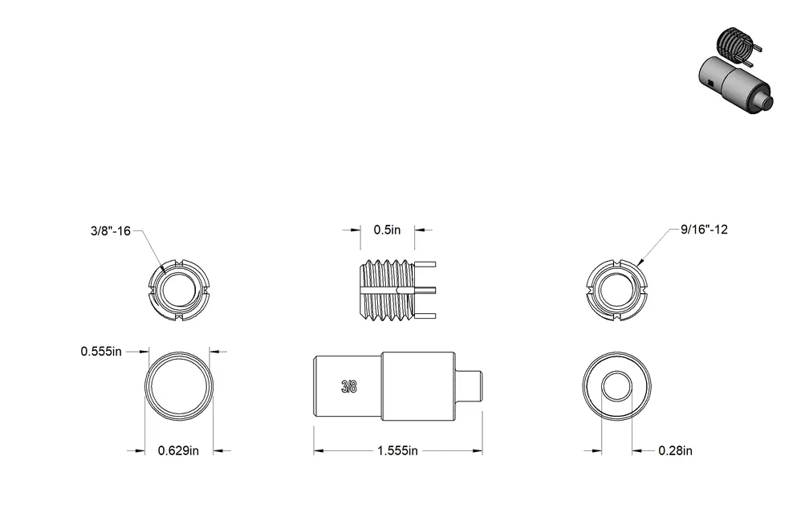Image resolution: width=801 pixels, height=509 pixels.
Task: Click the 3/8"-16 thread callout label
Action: tap(110, 230)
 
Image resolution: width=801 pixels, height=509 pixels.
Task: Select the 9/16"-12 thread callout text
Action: tap(704, 230)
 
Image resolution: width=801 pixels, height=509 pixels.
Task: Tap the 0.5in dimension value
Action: tap(387, 230)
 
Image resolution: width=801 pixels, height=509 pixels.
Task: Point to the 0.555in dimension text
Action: tap(101, 352)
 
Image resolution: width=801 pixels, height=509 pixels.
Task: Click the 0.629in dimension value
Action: tap(178, 450)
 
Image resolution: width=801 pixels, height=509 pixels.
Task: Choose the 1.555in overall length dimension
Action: tap(397, 450)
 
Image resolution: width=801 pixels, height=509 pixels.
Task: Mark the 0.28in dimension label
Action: tap(675, 450)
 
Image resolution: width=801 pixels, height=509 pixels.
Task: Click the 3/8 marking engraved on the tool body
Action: tap(349, 387)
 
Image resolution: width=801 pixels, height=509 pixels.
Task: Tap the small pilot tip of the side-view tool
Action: tap(469, 386)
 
